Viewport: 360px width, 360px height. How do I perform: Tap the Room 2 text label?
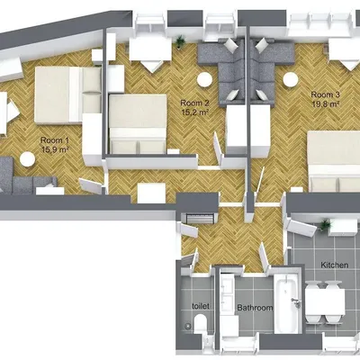coord(194,103)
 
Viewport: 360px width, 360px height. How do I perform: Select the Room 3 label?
coord(325,94)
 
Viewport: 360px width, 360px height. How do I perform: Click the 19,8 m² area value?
coord(325,104)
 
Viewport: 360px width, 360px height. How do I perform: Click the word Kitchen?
coord(333,265)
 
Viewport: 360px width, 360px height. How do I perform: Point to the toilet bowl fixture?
coord(198,326)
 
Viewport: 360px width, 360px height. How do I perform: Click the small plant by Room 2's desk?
coord(181,40)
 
